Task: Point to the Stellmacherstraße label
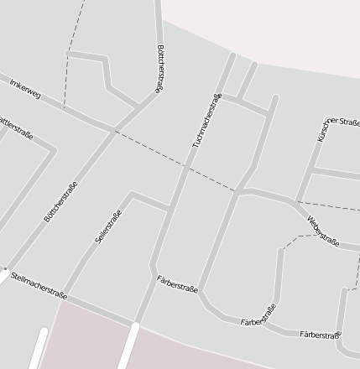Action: pyautogui.click(x=39, y=283)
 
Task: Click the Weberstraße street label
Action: pyautogui.click(x=323, y=232)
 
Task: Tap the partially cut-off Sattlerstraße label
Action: pyautogui.click(x=17, y=124)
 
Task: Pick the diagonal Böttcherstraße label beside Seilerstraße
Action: pyautogui.click(x=60, y=202)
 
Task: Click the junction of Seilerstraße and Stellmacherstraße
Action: pyautogui.click(x=67, y=295)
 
